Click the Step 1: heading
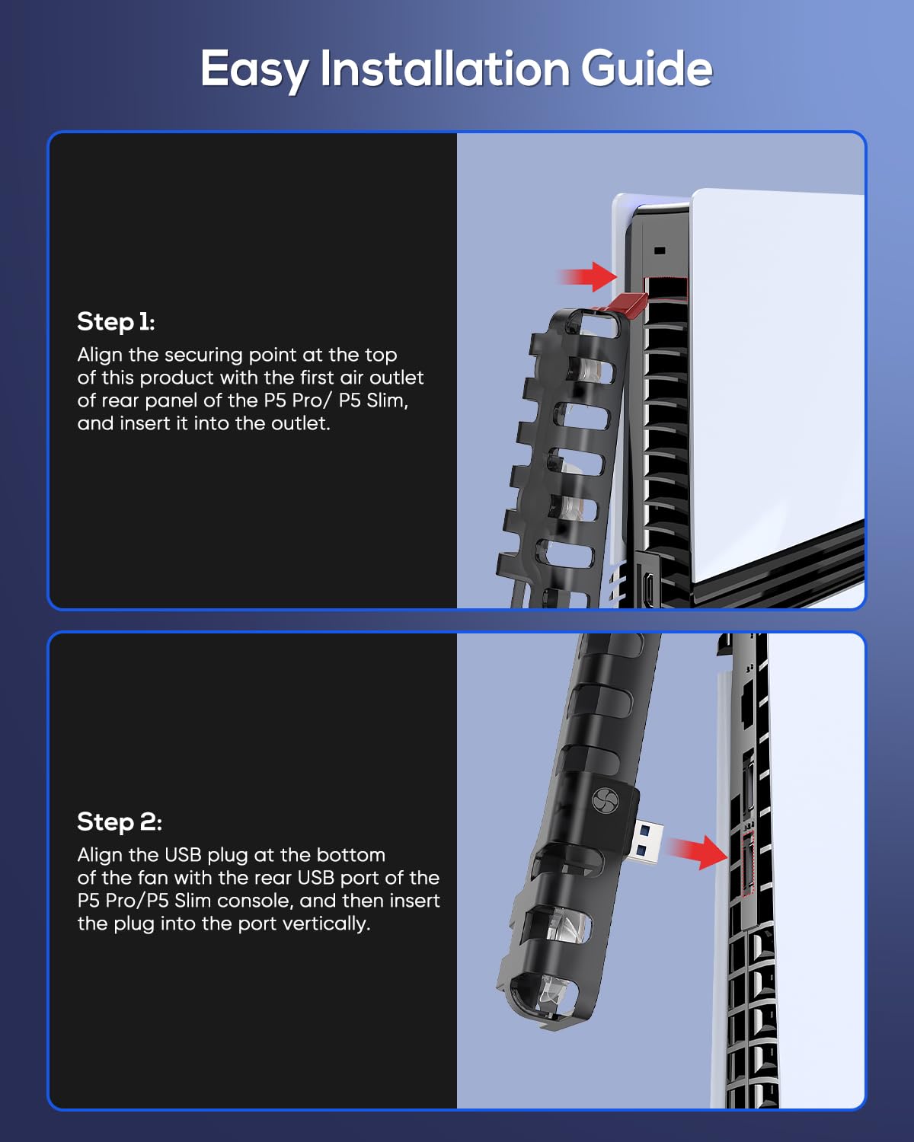tap(116, 321)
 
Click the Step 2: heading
tap(120, 821)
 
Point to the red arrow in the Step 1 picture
tap(588, 276)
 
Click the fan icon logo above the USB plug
tap(602, 799)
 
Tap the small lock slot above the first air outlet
tap(660, 250)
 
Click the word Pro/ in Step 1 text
tap(308, 400)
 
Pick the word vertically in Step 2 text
tap(326, 924)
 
